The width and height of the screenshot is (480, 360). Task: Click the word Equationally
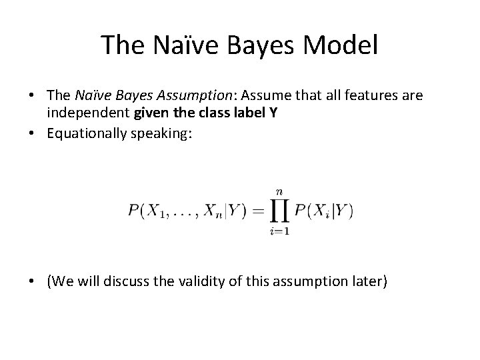coord(87,133)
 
